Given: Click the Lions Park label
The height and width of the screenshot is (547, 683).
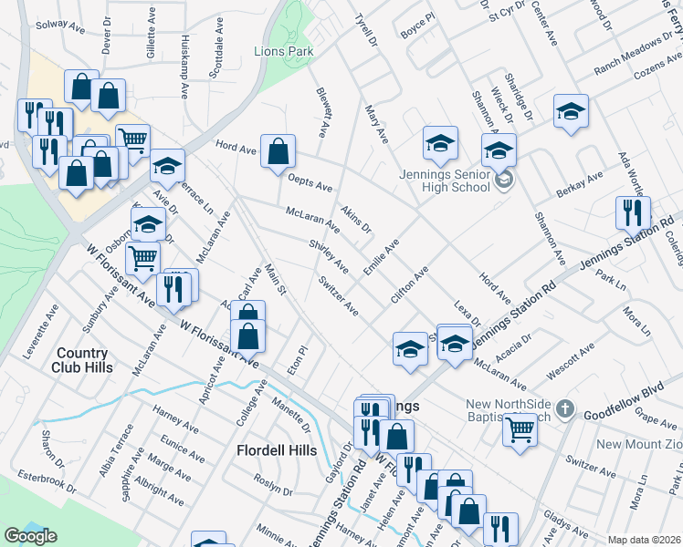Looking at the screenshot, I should (x=283, y=52).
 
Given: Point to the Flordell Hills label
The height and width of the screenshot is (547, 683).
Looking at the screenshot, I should (x=277, y=450).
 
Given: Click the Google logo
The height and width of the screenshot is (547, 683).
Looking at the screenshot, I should (x=30, y=536).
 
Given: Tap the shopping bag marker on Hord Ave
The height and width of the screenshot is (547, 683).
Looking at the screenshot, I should (x=278, y=151).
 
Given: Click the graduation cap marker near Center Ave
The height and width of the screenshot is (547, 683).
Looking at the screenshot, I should (x=572, y=112).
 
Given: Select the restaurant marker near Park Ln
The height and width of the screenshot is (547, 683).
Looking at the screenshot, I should (x=633, y=212).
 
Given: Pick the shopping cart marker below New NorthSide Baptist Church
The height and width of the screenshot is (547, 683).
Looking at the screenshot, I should (x=520, y=429).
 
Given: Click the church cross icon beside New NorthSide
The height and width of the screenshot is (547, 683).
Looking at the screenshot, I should (x=565, y=410).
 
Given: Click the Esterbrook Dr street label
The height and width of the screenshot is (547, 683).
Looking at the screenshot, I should (x=43, y=475).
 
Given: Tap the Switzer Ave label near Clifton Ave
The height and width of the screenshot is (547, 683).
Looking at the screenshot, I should (x=338, y=295).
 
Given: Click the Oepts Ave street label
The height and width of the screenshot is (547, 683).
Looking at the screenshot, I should (x=310, y=183).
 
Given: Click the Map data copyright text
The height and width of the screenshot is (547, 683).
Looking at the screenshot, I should (x=645, y=540).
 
